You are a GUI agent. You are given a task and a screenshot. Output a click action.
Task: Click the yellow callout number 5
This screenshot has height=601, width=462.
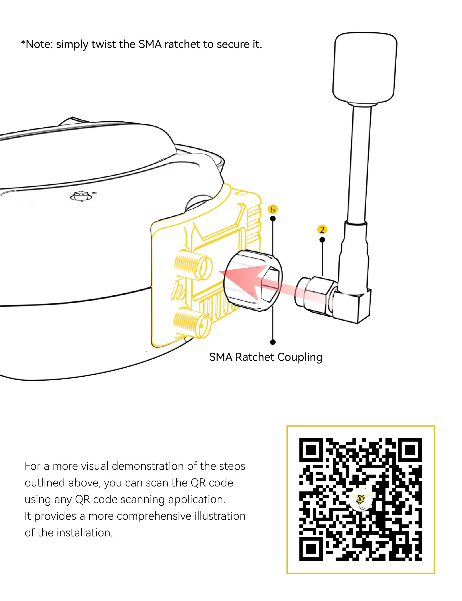pyautogui.click(x=273, y=210)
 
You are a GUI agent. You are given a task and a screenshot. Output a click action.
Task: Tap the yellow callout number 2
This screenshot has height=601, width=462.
pyautogui.click(x=322, y=229)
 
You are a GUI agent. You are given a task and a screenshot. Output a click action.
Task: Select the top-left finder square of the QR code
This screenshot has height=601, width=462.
pyautogui.click(x=311, y=450)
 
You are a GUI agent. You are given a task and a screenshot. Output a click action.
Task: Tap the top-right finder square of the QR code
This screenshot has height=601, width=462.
pyautogui.click(x=410, y=450)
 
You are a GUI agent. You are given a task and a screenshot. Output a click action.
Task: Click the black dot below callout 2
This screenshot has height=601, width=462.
pyautogui.click(x=322, y=240)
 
